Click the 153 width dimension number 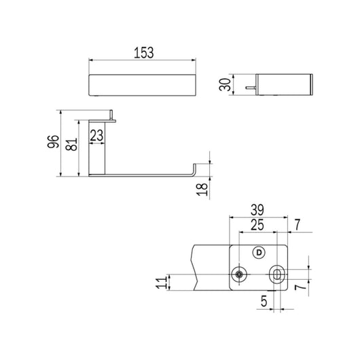144,53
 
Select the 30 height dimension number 225,84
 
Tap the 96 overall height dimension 53,142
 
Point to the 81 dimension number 71,144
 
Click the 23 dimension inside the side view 96,135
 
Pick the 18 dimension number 202,190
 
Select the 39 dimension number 257,210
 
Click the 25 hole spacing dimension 257,225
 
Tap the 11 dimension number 162,283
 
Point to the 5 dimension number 264,301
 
